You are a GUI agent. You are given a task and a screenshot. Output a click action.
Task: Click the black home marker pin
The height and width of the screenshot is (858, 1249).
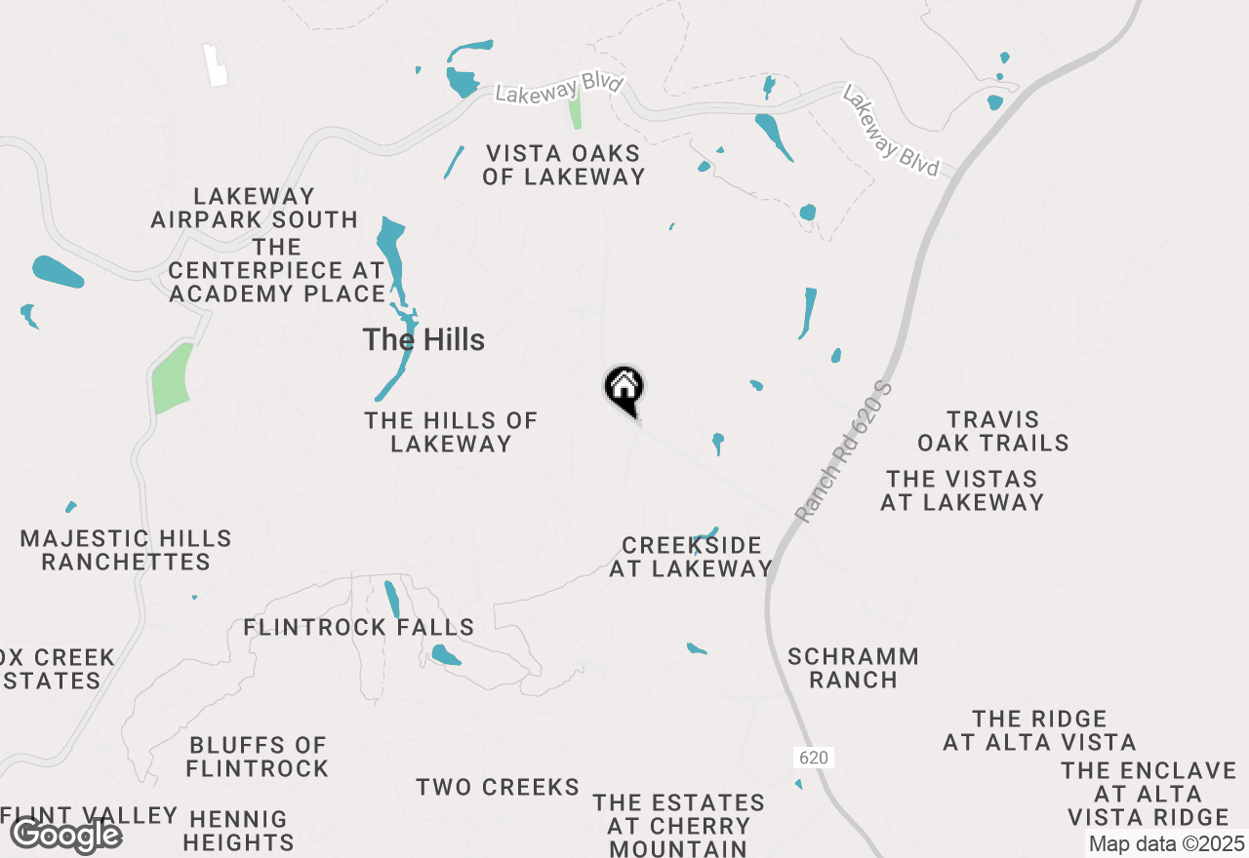coord(624,389)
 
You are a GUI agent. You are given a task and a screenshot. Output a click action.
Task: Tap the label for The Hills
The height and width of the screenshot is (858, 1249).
coord(423,340)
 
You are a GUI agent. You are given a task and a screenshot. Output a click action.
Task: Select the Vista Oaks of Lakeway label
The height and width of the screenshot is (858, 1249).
coord(564,165)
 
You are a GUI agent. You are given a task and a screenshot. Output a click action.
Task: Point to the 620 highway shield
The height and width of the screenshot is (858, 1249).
coord(814,758)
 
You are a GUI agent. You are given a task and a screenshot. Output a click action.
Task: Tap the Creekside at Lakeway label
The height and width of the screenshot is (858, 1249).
coord(691,557)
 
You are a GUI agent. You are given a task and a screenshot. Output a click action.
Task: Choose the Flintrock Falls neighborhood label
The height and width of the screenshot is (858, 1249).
coord(359,627)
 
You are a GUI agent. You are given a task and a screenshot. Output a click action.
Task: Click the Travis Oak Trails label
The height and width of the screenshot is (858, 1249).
coord(993,431)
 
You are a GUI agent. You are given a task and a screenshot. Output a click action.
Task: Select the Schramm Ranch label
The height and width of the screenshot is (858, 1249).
coord(853,668)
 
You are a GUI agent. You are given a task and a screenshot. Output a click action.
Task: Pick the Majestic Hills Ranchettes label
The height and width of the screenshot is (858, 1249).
coord(126,550)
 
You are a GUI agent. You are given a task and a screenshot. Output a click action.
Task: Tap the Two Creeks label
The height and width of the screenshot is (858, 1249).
coord(498,787)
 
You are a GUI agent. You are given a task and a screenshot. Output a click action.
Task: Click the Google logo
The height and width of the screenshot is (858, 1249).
coord(65,835)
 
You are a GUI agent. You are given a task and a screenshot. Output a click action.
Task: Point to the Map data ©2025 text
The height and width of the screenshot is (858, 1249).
coord(1166,843)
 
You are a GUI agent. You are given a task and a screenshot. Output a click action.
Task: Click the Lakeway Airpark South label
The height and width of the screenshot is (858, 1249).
coord(254,209)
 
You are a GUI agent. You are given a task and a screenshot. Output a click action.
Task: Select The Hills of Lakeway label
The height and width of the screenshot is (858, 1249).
coord(451,432)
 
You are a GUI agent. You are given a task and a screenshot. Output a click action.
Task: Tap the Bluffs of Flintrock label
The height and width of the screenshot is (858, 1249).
coord(258,757)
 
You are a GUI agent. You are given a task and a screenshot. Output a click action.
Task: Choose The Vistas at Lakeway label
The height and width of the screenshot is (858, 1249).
coord(962,490)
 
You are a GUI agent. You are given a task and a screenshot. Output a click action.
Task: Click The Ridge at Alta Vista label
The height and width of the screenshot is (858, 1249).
coord(1039,730)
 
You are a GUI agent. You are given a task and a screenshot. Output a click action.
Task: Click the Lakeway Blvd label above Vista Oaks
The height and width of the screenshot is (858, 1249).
coord(558,89)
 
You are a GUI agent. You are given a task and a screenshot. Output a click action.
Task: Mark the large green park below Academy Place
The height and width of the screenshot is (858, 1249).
coord(172,378)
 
